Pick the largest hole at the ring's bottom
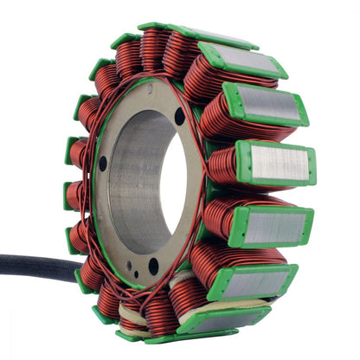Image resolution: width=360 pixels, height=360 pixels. [153, 265]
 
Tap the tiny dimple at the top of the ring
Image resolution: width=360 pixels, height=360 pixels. [148, 88]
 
